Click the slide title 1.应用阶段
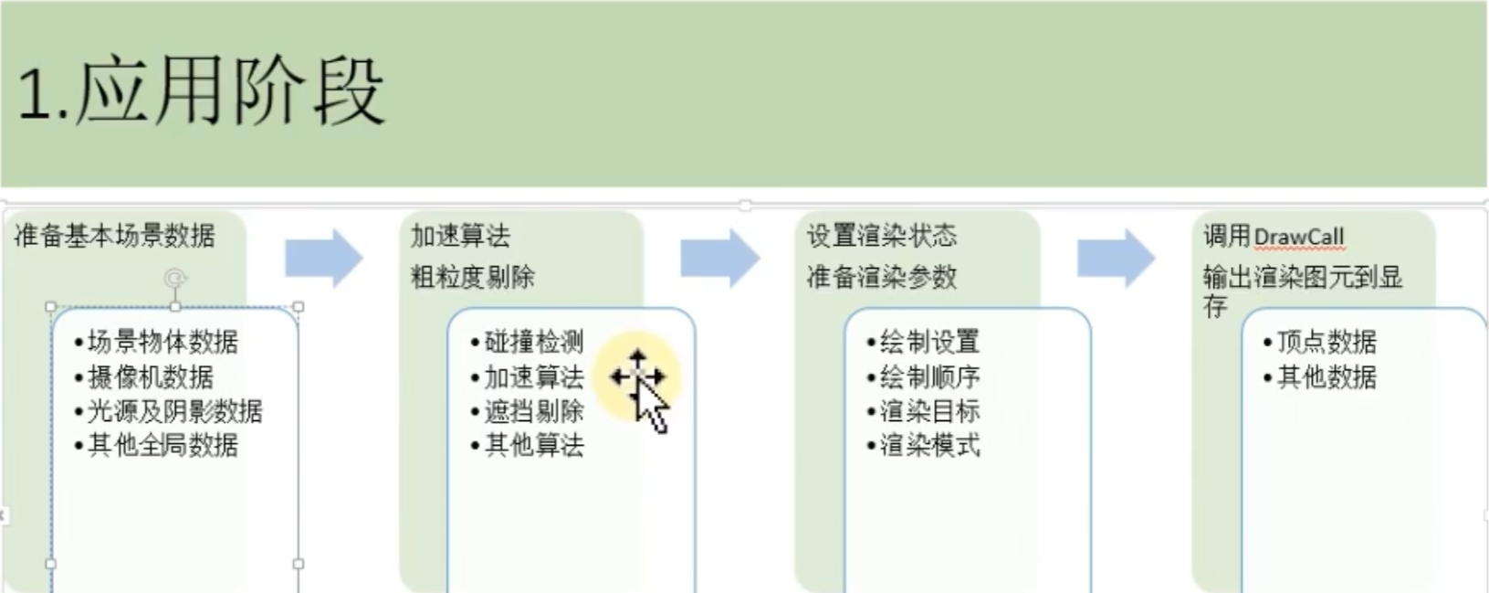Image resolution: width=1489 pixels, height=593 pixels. (201, 92)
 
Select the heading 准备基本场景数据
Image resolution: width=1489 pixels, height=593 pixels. (115, 236)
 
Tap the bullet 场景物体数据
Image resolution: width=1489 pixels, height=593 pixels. (163, 343)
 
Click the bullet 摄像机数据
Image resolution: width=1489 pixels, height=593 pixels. (151, 377)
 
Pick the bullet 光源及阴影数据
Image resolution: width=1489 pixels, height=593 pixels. (174, 411)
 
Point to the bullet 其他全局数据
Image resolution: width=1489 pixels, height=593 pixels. (163, 446)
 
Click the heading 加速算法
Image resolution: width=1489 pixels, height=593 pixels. (460, 236)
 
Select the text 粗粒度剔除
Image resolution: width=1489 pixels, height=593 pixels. (473, 277)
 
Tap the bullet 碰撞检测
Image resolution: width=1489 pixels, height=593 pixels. (534, 343)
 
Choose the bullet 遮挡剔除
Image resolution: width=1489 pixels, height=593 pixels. (534, 411)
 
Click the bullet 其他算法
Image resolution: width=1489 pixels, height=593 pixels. (534, 446)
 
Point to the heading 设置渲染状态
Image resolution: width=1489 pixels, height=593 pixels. (882, 236)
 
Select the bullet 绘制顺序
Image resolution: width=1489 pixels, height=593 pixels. (929, 377)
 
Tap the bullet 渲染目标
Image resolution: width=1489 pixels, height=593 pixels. (929, 411)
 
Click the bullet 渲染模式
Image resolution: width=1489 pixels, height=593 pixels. (929, 446)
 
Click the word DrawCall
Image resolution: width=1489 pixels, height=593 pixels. (1299, 238)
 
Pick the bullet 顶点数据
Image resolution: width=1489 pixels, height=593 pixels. (1326, 343)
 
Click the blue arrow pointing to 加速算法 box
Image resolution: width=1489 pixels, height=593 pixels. (324, 259)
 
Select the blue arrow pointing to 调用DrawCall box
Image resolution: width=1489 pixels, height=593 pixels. (1116, 259)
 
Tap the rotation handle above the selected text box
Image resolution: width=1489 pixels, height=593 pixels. (175, 277)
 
